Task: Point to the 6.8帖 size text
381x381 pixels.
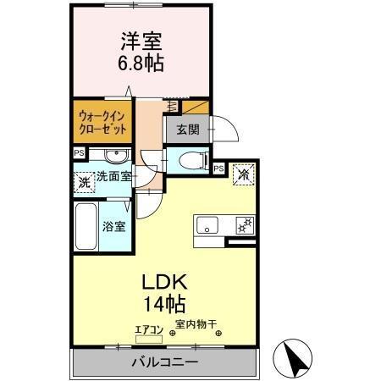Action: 141,63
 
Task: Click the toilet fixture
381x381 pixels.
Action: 192,159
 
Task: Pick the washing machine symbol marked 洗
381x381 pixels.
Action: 84,180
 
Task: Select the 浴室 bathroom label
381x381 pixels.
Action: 114,226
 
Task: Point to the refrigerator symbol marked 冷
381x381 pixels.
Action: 244,175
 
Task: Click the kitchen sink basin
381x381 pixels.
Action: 208,225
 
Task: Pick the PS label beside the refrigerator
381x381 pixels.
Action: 218,168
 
